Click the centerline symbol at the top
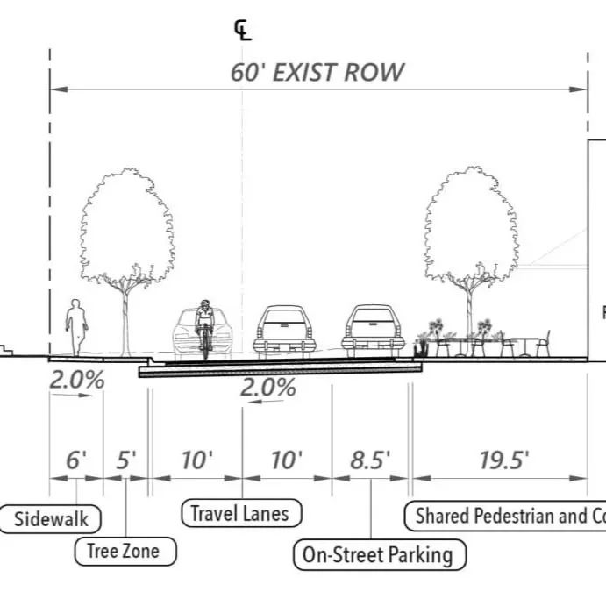(x=242, y=32)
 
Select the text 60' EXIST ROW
(x=317, y=72)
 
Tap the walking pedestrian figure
(x=77, y=327)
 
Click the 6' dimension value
(x=76, y=460)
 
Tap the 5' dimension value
(x=126, y=460)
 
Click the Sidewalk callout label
(x=52, y=518)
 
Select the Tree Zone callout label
(x=124, y=552)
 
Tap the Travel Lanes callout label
(x=240, y=513)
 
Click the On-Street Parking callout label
(x=378, y=554)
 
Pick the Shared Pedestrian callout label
(x=509, y=516)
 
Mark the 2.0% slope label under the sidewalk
(x=76, y=381)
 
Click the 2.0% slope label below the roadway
(x=268, y=388)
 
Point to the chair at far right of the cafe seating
(x=543, y=343)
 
